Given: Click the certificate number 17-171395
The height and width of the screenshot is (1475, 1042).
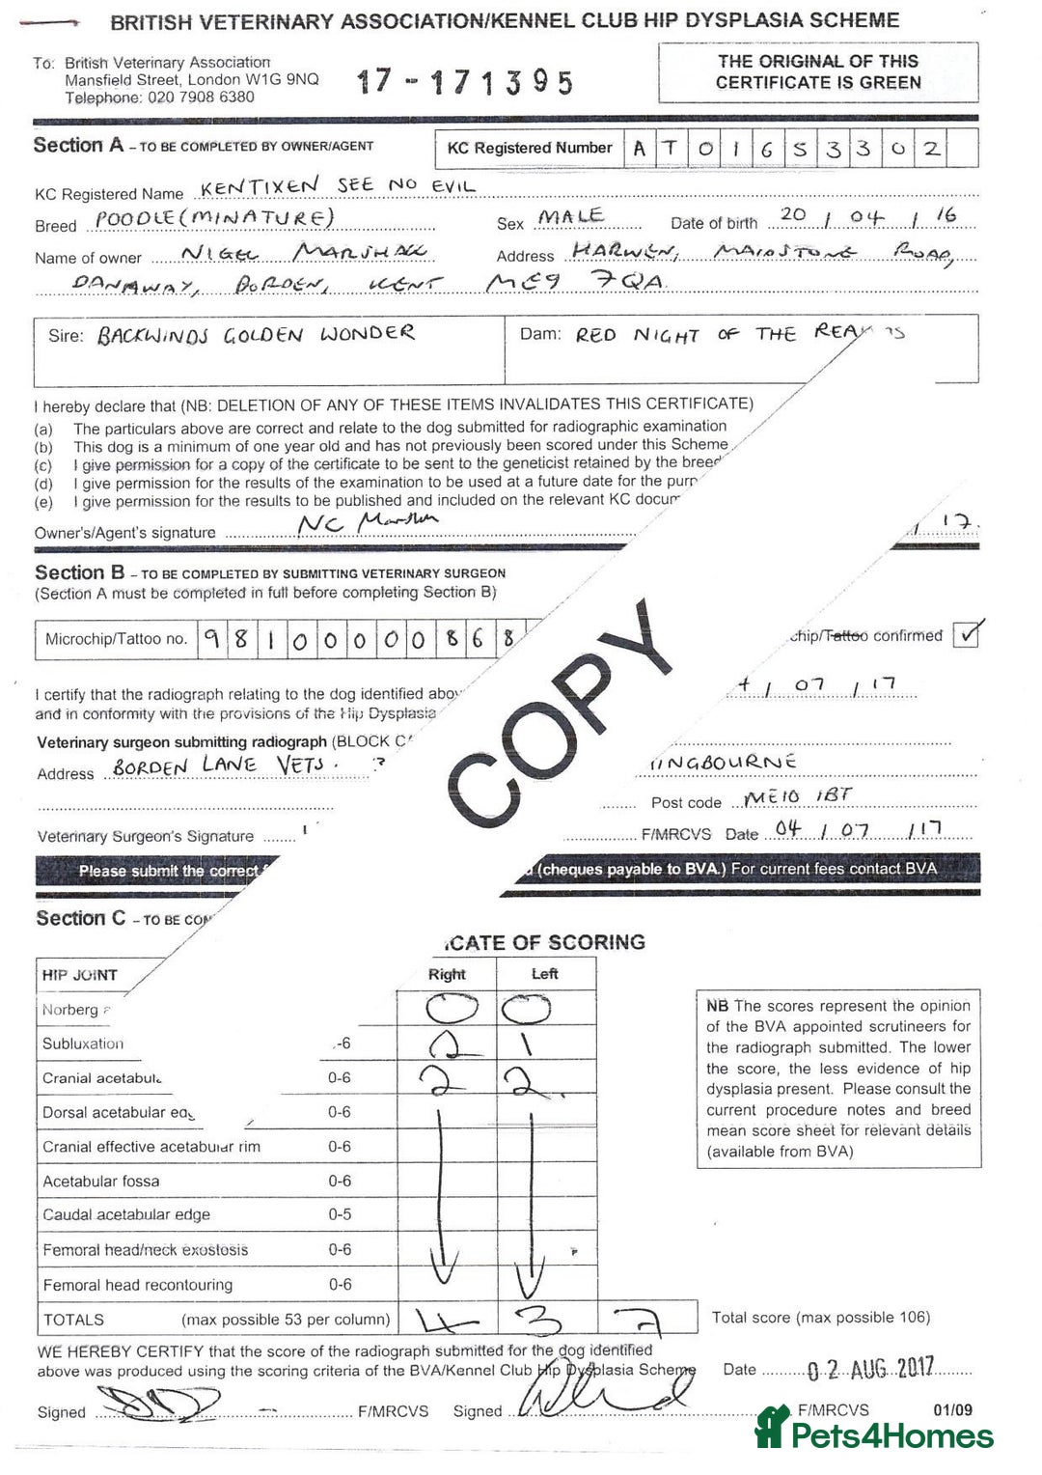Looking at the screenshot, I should click(465, 82).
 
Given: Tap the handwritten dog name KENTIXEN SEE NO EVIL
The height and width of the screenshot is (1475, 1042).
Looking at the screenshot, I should click(338, 185).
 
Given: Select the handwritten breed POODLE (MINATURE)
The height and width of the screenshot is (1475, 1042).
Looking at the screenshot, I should click(214, 218).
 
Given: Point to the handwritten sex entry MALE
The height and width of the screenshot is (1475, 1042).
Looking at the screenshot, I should click(571, 217).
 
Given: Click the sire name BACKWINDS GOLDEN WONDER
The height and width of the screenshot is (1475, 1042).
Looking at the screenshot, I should click(255, 336).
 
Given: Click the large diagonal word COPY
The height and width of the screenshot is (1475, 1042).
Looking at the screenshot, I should click(564, 714).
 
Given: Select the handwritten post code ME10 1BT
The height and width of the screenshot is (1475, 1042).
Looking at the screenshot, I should click(798, 796).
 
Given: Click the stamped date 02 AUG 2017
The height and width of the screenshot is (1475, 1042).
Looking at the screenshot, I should click(870, 1369).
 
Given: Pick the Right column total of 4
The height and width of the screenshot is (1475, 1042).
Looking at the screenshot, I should click(446, 1319).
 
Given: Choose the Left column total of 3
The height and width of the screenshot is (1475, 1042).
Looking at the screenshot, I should click(544, 1319).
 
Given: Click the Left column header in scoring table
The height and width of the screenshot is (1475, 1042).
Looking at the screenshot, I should click(545, 974).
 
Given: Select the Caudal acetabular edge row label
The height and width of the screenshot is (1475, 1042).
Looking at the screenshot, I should click(126, 1214).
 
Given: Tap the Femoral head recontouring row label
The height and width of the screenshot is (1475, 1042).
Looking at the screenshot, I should click(138, 1285).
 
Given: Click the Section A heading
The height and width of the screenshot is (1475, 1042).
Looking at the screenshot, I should click(79, 146).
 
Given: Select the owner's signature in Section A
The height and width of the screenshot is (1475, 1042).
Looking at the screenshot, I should click(367, 524).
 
